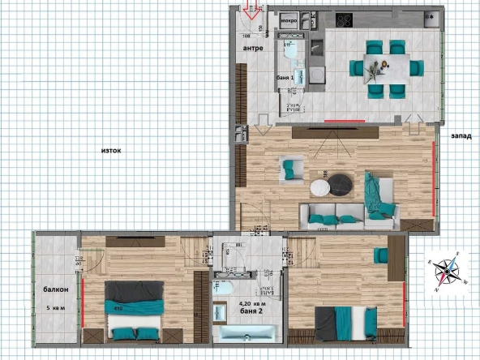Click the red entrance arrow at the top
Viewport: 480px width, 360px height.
pyautogui.click(x=251, y=12)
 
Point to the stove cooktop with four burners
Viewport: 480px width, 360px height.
pyautogui.click(x=343, y=20)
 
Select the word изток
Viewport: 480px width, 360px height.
pyautogui.click(x=111, y=151)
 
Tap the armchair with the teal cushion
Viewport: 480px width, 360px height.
pyautogui.click(x=289, y=169)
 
